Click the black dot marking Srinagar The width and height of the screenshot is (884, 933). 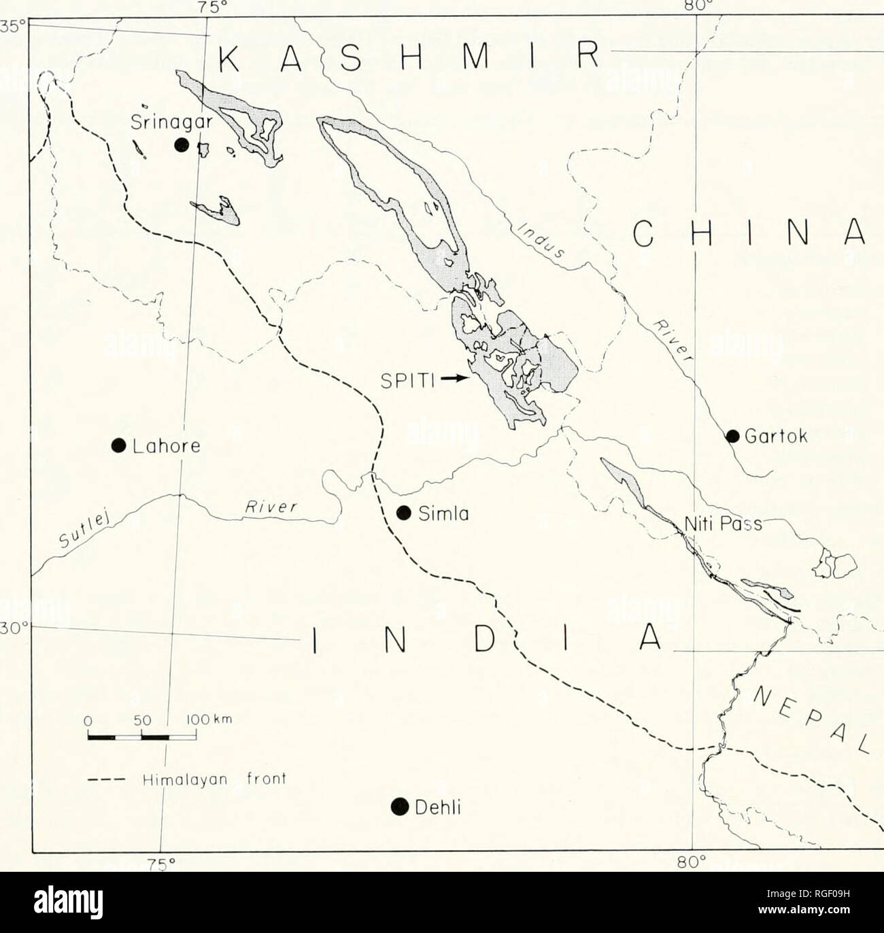(182, 144)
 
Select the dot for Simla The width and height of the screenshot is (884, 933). (404, 512)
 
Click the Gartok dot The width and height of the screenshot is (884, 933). (733, 436)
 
